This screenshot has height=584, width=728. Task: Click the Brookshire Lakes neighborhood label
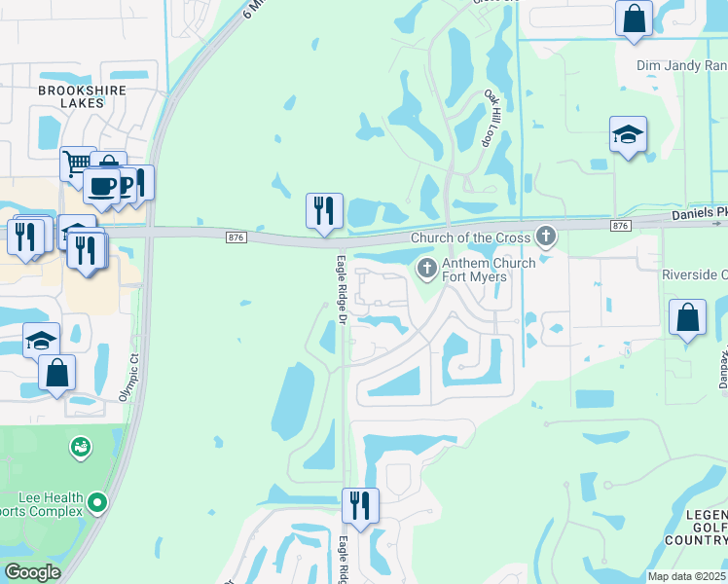click(68, 95)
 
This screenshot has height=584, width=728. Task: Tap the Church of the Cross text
click(470, 237)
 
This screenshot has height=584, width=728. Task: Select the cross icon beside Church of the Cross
click(547, 236)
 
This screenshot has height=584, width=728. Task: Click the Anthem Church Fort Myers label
click(475, 270)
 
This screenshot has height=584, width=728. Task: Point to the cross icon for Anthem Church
click(425, 268)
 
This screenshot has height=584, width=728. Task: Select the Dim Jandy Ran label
click(681, 66)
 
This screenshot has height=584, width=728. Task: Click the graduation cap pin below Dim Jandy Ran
click(628, 134)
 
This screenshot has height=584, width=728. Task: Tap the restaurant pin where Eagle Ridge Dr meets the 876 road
click(324, 210)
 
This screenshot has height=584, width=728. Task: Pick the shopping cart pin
click(76, 162)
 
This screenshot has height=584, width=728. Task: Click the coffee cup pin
click(100, 184)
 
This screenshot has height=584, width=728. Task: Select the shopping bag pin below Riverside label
click(687, 317)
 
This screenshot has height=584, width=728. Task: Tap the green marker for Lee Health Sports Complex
click(96, 503)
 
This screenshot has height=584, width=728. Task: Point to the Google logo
click(32, 572)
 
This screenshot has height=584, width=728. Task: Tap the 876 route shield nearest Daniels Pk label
click(620, 225)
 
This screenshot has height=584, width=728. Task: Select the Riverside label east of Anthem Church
click(694, 274)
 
